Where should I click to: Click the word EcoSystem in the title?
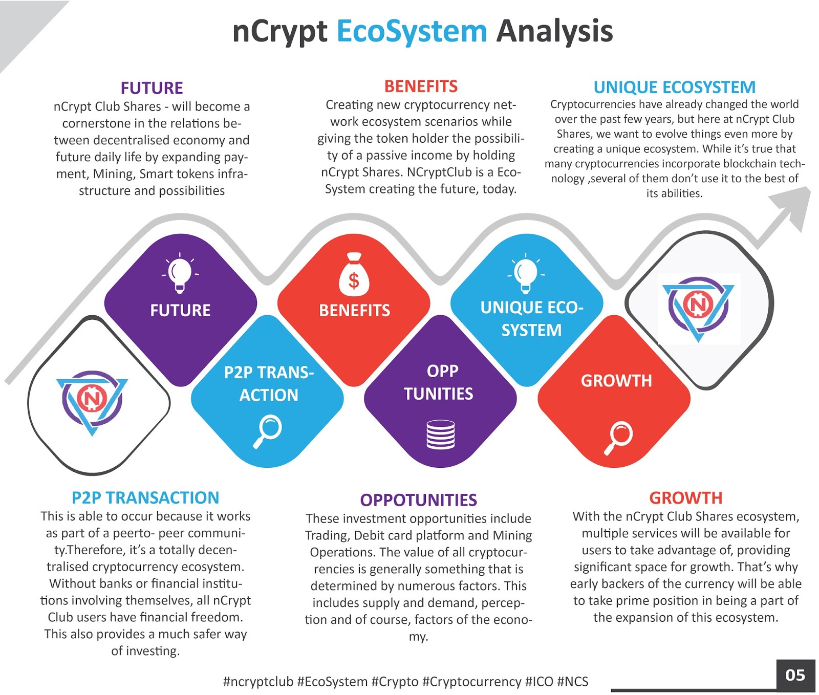point(412,32)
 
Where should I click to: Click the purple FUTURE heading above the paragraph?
point(152,88)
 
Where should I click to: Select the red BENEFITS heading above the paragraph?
point(421,86)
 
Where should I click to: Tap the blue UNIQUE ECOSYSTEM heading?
point(674,88)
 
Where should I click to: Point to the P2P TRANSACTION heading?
point(145,497)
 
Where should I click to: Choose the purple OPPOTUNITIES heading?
point(418,500)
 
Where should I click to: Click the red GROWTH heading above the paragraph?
point(685,498)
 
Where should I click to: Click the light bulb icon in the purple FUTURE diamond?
point(180,273)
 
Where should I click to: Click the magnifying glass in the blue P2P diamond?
point(267,431)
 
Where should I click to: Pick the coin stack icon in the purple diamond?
point(441,435)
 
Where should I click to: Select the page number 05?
point(795,676)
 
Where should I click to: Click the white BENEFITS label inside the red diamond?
point(354,311)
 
